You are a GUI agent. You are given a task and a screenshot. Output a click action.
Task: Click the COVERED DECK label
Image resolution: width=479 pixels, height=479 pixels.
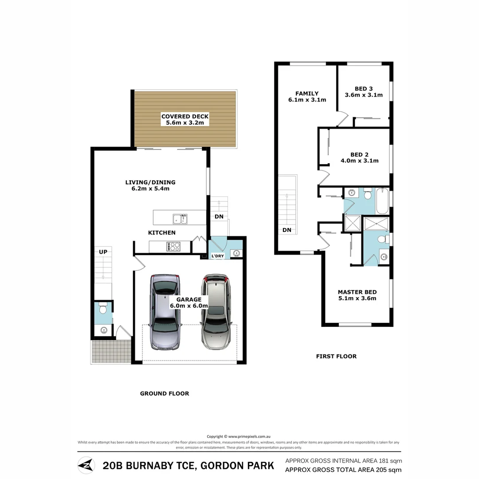pyautogui.click(x=185, y=116)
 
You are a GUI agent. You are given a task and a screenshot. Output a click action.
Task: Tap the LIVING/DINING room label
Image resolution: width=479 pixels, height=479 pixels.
pyautogui.click(x=150, y=182)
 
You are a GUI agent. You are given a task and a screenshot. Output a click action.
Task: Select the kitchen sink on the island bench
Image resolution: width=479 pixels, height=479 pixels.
pyautogui.click(x=180, y=218)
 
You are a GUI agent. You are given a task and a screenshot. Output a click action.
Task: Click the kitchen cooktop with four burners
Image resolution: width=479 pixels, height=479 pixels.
pyautogui.click(x=173, y=246)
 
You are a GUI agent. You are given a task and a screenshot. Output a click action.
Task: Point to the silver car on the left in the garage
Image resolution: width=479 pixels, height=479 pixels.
pyautogui.click(x=165, y=312)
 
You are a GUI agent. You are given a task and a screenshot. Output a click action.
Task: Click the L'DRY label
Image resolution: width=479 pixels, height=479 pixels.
pyautogui.click(x=217, y=256)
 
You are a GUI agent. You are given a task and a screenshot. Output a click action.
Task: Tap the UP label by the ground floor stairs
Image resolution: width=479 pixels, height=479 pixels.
pyautogui.click(x=103, y=251)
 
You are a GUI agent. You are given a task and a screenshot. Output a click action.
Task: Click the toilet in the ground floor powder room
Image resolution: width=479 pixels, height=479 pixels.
pyautogui.click(x=103, y=308)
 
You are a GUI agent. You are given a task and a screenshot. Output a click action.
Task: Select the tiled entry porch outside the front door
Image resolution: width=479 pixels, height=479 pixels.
pyautogui.click(x=111, y=351)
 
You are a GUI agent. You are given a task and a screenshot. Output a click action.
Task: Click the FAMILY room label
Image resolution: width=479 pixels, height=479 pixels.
pyautogui.click(x=307, y=94)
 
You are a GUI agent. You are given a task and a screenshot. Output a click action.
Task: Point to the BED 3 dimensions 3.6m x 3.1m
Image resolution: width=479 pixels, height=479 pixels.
pyautogui.click(x=364, y=95)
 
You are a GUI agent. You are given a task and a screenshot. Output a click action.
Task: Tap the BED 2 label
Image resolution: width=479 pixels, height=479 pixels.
pyautogui.click(x=359, y=154)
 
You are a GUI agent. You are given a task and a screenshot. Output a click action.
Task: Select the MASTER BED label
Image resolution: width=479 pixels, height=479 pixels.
pyautogui.click(x=357, y=292)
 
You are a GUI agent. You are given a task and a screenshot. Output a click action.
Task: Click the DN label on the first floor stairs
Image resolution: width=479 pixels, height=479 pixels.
pyautogui.click(x=287, y=230)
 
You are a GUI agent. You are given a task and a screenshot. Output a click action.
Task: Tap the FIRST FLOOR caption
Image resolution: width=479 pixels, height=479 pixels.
pyautogui.click(x=336, y=356)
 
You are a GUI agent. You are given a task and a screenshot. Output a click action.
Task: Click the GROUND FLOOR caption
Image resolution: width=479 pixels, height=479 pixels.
pyautogui.click(x=165, y=393)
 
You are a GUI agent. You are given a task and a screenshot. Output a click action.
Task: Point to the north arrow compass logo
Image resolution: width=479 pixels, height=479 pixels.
pyautogui.click(x=86, y=465)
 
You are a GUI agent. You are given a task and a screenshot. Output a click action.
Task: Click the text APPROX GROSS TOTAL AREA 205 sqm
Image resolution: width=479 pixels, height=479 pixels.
pyautogui.click(x=343, y=470)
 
